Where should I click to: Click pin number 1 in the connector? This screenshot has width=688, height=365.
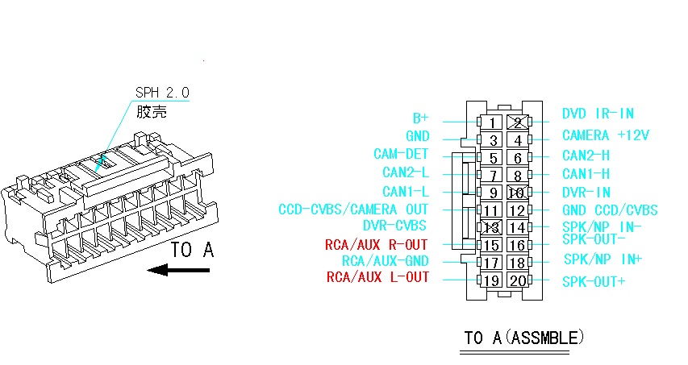coord(492,122)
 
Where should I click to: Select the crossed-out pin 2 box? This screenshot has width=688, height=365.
coord(518,122)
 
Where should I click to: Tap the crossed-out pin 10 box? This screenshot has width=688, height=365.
coord(518,193)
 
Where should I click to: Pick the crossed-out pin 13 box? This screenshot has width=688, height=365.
coord(492,227)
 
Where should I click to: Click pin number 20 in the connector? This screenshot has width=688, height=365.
coord(518,280)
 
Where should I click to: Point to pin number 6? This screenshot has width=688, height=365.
coord(518,157)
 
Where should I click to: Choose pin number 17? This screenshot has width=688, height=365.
coord(492,263)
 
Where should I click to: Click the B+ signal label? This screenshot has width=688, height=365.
coord(420,118)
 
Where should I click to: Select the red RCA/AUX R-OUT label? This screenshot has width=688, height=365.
coord(376,244)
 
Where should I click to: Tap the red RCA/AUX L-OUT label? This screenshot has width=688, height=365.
coord(377,277)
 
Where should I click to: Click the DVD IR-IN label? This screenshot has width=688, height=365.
coord(598,114)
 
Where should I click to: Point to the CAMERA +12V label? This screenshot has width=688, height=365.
coord(606,135)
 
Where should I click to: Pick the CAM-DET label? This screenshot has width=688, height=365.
coord(401,154)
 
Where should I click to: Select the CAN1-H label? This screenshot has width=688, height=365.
coord(586,174)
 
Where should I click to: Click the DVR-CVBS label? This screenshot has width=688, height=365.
coord(394,226)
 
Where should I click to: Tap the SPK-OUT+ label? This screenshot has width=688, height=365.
coord(594,281)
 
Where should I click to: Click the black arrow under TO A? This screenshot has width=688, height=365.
coord(178,270)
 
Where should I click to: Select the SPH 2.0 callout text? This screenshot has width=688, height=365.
coord(162,93)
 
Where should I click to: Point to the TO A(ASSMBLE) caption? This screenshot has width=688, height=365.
coord(524,338)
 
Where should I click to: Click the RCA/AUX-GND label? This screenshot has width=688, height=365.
coord(386,261)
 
